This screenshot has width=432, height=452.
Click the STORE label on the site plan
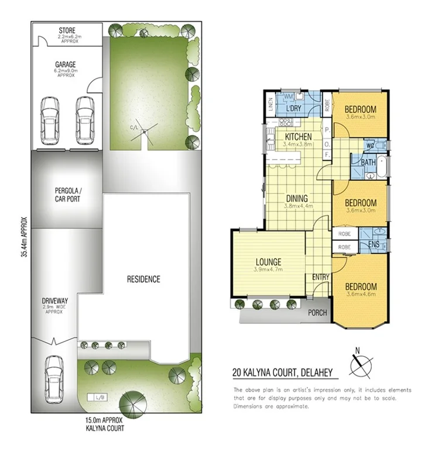click(67, 30)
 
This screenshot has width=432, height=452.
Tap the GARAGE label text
click(66, 65)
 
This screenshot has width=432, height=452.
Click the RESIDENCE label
click(143, 279)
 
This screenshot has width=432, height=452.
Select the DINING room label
click(297, 199)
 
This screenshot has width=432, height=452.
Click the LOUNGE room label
click(268, 261)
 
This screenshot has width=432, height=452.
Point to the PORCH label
click(318, 312)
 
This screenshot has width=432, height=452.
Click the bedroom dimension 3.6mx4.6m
click(360, 294)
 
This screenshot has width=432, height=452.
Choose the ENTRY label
click(320, 277)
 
